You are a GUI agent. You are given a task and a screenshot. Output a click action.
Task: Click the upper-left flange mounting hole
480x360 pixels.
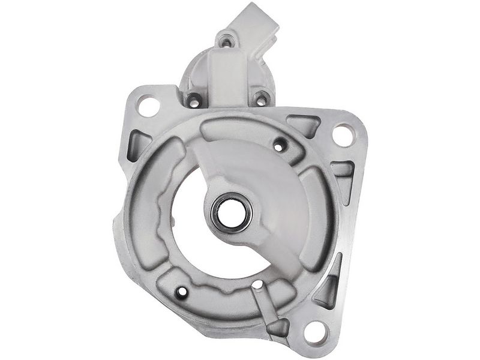(148, 107)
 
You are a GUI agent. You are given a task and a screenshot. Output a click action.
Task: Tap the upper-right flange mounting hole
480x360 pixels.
(343, 134)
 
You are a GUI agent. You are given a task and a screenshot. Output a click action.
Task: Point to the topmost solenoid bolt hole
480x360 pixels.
(226, 41)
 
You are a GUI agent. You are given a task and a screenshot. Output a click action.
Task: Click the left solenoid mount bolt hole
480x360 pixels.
(193, 100)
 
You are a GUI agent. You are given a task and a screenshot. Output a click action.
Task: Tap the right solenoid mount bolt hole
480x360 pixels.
(261, 98)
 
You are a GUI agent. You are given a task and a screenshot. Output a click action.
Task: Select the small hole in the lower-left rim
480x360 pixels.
(182, 292)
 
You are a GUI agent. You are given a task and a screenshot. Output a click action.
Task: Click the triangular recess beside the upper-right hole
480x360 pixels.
(305, 124)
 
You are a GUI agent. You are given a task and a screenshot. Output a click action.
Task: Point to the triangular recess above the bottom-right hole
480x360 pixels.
(329, 288)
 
